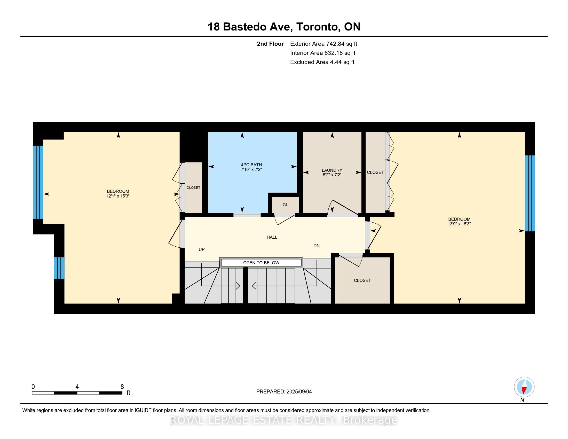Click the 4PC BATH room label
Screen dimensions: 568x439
click(251, 165)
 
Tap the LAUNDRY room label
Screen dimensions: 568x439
click(332, 170)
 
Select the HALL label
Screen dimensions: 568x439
click(272, 237)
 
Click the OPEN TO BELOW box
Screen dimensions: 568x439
click(261, 263)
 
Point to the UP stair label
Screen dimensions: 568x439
click(202, 249)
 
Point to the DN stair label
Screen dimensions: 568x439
click(317, 246)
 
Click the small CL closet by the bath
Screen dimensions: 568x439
click(285, 205)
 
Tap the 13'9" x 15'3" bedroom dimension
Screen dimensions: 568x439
click(459, 224)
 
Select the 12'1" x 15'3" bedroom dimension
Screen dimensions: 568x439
click(118, 196)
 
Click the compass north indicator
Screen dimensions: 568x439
click(524, 387)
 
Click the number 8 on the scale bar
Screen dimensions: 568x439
click(122, 387)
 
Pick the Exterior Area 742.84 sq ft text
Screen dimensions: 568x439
click(324, 44)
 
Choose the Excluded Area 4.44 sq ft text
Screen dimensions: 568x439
click(322, 62)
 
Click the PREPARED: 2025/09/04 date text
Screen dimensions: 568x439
click(284, 391)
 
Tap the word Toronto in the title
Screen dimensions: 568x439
click(318, 27)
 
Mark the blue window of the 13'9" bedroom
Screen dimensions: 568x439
click(530, 193)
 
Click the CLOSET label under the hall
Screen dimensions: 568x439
click(362, 280)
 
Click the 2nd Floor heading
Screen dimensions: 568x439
click(270, 44)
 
